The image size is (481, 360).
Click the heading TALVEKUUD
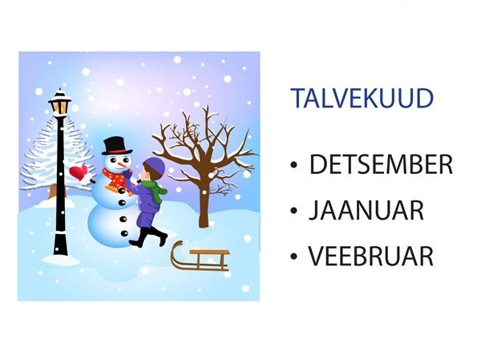[362, 98]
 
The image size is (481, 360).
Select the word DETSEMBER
[381, 164]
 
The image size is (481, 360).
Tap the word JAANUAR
[366, 210]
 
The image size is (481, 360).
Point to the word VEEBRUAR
[371, 256]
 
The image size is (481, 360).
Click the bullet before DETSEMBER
[293, 165]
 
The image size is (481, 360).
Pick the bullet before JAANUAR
[293, 211]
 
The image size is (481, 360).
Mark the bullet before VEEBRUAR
[293, 257]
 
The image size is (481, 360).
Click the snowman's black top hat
[116, 146]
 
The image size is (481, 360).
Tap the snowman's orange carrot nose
[123, 165]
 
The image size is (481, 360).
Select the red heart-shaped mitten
[79, 172]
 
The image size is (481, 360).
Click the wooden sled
[200, 257]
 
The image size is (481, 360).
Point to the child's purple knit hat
[155, 166]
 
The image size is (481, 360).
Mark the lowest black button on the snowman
[124, 233]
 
